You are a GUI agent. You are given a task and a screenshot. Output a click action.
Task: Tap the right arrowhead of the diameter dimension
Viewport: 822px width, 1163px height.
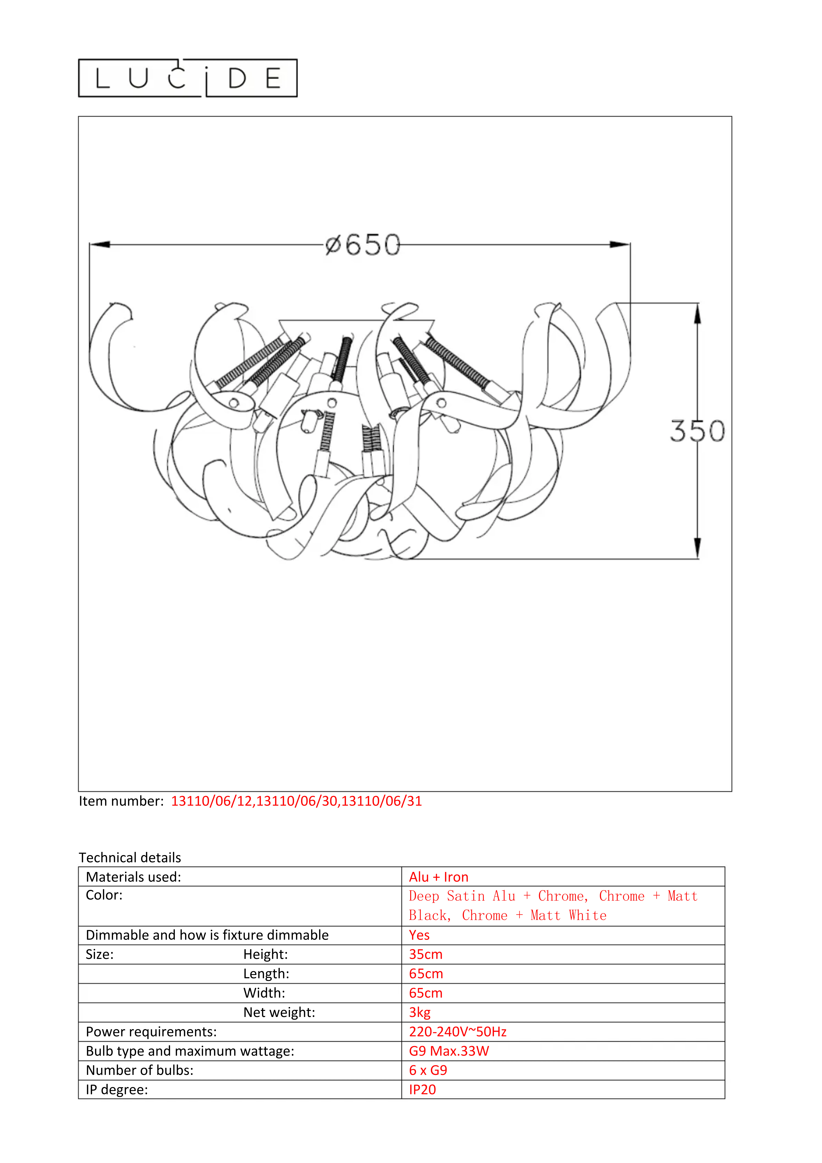[620, 245]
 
